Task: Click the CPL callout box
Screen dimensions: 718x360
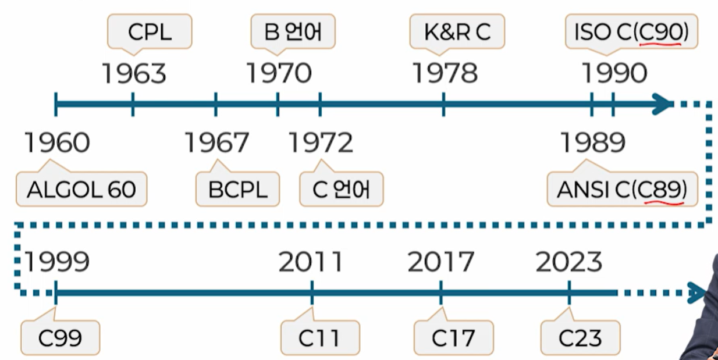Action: (x=150, y=33)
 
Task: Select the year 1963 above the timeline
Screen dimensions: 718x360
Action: (x=134, y=74)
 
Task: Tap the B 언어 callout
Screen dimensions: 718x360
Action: (x=293, y=33)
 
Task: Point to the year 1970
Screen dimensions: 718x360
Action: (x=279, y=74)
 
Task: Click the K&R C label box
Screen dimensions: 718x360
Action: (x=457, y=33)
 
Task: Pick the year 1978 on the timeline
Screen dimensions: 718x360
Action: (x=445, y=74)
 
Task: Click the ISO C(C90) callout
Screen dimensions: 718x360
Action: (x=631, y=33)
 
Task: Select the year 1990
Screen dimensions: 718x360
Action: (x=614, y=74)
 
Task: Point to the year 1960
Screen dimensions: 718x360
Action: (x=57, y=143)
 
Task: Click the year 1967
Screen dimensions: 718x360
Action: (x=216, y=143)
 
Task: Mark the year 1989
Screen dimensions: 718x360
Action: (x=592, y=143)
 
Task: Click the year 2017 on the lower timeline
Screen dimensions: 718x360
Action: (x=440, y=263)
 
